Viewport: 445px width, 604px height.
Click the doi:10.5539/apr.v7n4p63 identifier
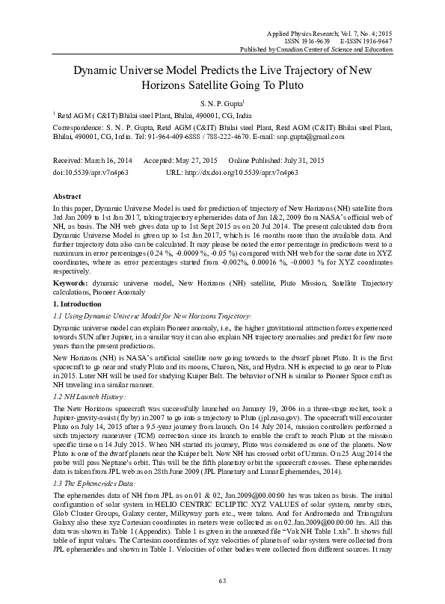pyautogui.click(x=87, y=172)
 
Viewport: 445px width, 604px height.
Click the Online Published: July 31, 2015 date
pyautogui.click(x=276, y=161)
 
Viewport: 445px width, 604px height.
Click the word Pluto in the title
pyautogui.click(x=283, y=84)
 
